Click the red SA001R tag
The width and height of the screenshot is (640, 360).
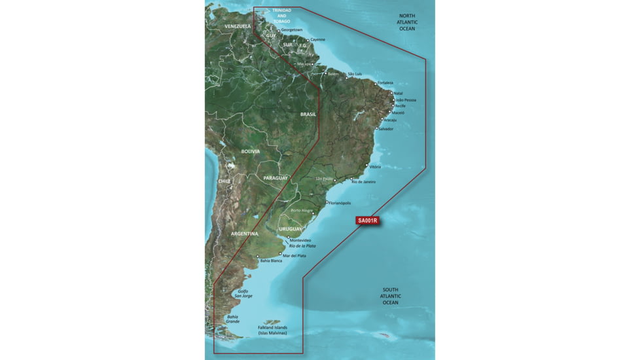click(x=367, y=221)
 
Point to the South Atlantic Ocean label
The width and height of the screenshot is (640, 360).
click(x=391, y=297)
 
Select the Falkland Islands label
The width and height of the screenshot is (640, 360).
click(x=272, y=330)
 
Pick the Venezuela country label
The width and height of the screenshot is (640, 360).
click(x=238, y=26)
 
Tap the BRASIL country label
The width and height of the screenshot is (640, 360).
click(x=308, y=114)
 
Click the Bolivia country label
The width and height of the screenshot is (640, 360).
click(x=250, y=151)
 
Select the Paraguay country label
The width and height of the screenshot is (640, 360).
click(x=276, y=178)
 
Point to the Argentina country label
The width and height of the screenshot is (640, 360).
click(x=244, y=233)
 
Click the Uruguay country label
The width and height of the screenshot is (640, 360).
click(x=290, y=228)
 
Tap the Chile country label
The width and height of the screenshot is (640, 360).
click(x=224, y=181)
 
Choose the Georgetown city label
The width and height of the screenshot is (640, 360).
click(x=291, y=30)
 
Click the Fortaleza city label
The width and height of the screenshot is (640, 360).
click(x=385, y=83)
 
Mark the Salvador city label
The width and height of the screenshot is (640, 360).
click(x=386, y=129)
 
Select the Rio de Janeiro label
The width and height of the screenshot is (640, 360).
click(x=364, y=181)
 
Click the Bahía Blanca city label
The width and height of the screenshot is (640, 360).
click(x=271, y=261)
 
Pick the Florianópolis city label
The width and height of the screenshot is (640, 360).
click(x=344, y=203)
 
